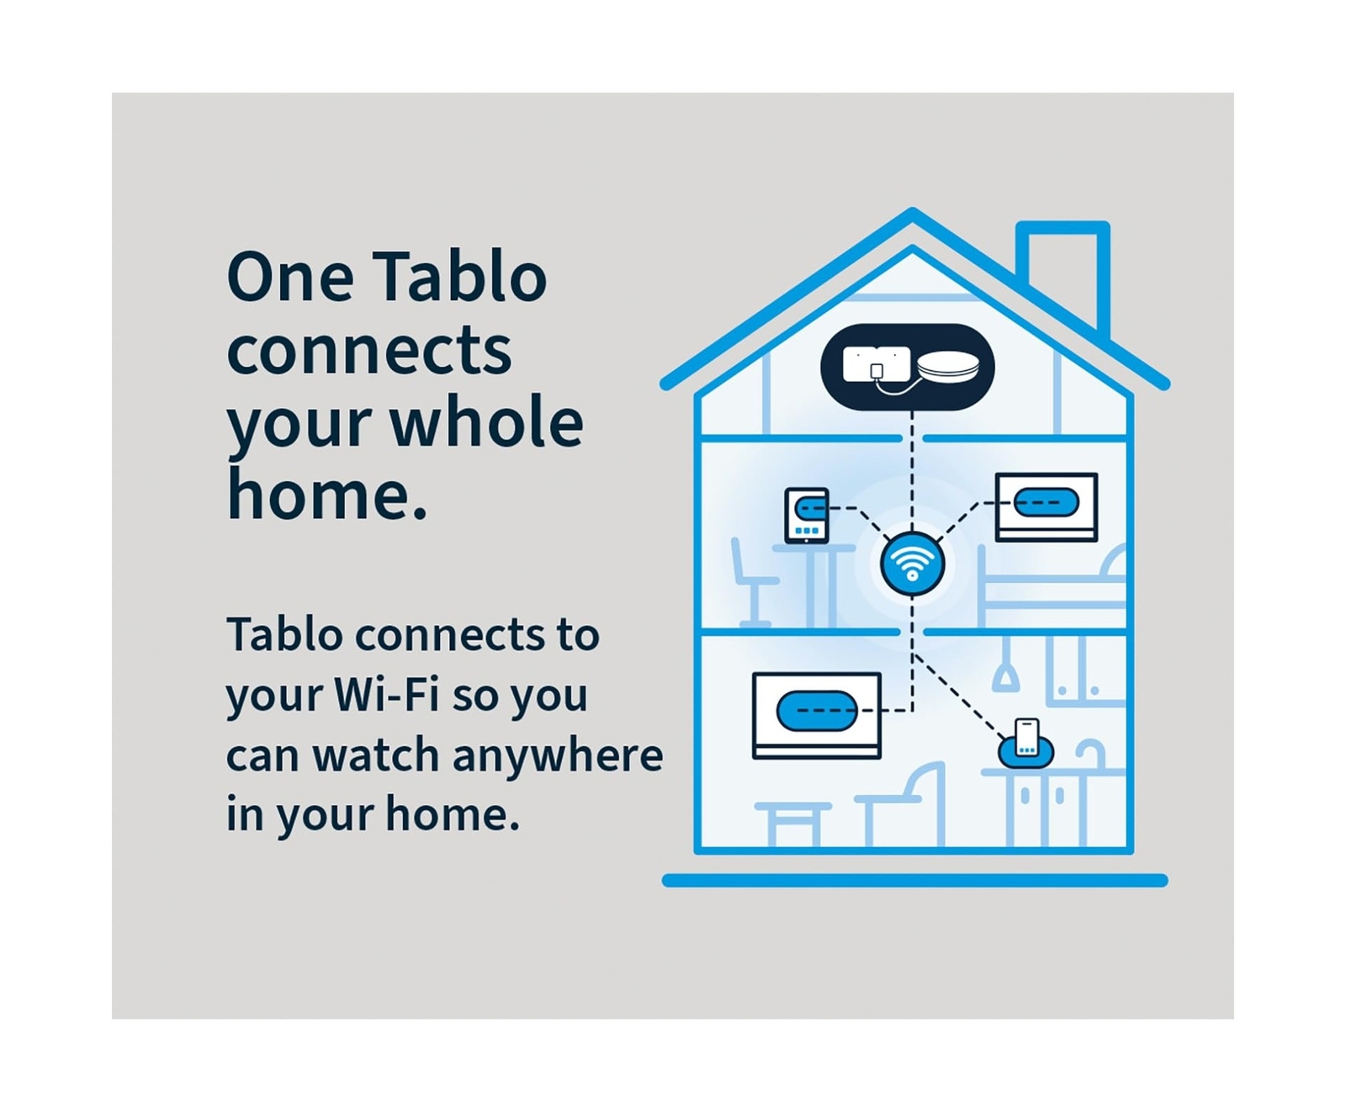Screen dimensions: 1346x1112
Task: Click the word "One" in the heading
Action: tap(290, 277)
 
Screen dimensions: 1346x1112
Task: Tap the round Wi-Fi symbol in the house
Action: tap(912, 564)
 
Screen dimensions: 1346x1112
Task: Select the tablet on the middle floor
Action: tap(806, 515)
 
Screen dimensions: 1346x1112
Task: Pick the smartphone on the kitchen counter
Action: tap(1026, 738)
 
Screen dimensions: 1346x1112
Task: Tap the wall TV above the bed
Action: tap(1046, 506)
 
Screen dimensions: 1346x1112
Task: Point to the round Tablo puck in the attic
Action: tap(948, 367)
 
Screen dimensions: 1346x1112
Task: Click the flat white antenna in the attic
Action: tap(876, 364)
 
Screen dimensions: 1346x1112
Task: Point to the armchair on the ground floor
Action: tap(901, 804)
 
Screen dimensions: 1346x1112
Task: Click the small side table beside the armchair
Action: tap(792, 823)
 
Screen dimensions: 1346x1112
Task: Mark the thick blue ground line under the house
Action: tap(914, 881)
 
